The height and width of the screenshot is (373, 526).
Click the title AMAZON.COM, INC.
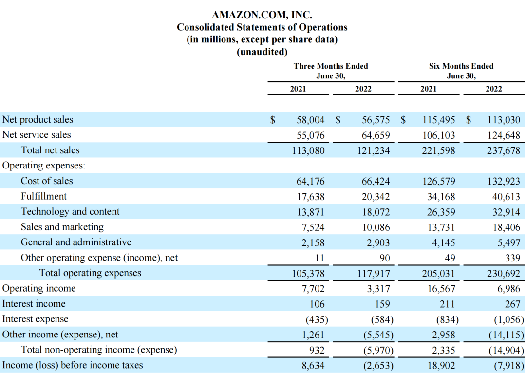[262, 16]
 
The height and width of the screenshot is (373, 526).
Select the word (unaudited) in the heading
[262, 51]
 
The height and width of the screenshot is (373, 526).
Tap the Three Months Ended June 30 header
[331, 71]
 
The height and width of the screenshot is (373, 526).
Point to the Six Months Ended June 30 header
[461, 71]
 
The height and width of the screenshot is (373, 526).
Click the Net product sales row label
[38, 119]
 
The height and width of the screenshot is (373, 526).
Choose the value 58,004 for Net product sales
[310, 120]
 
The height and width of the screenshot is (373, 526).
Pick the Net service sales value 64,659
[376, 135]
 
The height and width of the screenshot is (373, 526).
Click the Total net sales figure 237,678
[504, 150]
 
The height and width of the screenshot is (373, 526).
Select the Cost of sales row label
[47, 181]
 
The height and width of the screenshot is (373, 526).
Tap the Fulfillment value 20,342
[376, 197]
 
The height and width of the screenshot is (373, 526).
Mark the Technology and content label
[70, 212]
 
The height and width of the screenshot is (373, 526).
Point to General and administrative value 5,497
[507, 242]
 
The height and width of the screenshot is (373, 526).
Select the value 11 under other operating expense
[319, 258]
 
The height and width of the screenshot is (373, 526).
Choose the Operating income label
[39, 288]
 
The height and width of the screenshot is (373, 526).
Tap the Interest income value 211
[447, 304]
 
